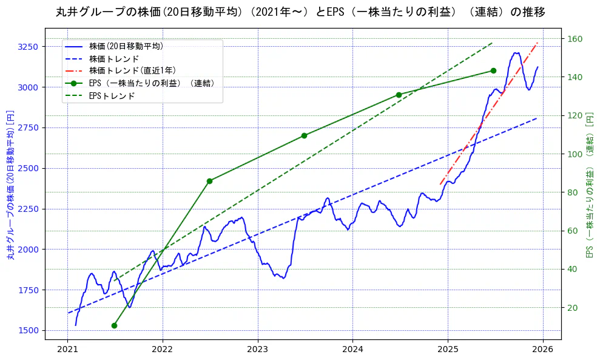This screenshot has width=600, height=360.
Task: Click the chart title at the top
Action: coord(300,12)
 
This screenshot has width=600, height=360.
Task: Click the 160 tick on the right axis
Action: coord(575,39)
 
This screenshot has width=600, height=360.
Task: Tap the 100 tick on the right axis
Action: coord(575,154)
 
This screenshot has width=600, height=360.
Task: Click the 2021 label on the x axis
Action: coord(67,349)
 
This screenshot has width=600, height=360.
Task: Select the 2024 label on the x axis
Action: coord(352,349)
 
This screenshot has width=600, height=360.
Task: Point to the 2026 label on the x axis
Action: coord(543,349)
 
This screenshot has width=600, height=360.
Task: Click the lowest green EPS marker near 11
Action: coord(114,325)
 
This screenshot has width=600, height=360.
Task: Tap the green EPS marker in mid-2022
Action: coord(209,181)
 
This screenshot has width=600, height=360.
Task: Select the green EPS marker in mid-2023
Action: coord(304,135)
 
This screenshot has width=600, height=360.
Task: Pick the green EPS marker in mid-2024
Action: coord(399,95)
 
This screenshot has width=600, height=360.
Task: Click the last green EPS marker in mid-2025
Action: coord(493,70)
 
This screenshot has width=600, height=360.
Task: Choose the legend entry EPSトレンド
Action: coord(112,96)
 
